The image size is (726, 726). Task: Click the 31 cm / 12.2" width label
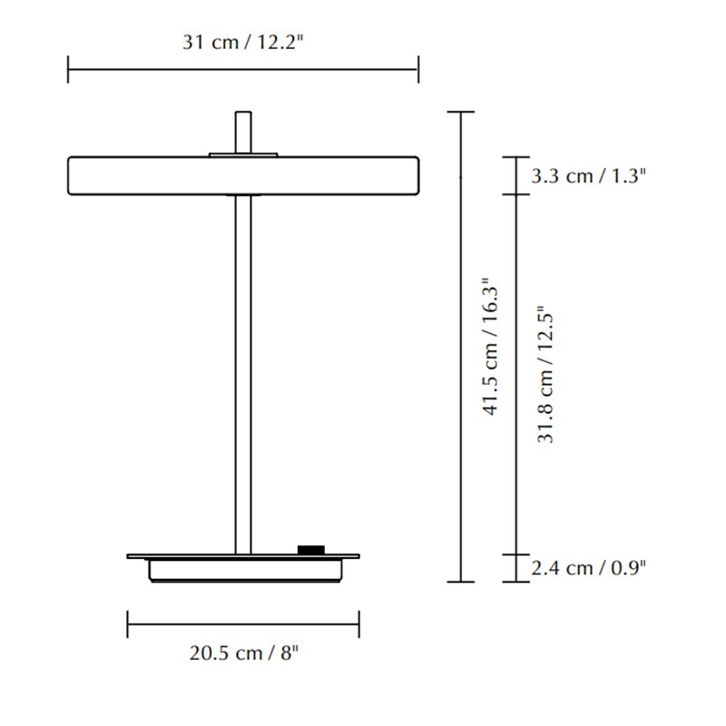[242, 42]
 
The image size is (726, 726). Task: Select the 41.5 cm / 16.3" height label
[491, 347]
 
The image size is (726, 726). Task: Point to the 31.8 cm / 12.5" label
[545, 374]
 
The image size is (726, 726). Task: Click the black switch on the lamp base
[310, 549]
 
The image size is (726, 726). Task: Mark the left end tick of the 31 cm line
[69, 69]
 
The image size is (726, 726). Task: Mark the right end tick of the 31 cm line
[417, 69]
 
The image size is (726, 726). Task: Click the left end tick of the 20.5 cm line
[128, 624]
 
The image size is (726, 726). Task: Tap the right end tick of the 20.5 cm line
[359, 624]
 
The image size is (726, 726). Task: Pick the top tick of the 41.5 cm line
[462, 113]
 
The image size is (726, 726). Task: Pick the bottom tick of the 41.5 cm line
[462, 581]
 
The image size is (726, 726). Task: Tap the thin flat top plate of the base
[181, 554]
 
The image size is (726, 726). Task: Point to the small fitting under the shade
[243, 195]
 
